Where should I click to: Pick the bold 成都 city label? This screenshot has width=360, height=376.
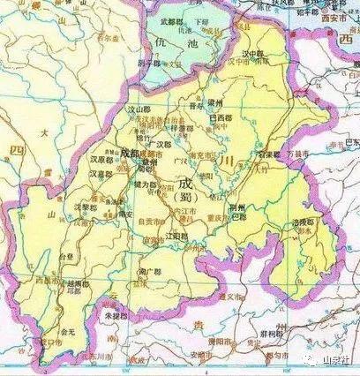coord(127,149)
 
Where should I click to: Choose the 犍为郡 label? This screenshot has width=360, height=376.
coord(146,184)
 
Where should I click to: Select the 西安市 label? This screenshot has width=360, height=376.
coord(340,18)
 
